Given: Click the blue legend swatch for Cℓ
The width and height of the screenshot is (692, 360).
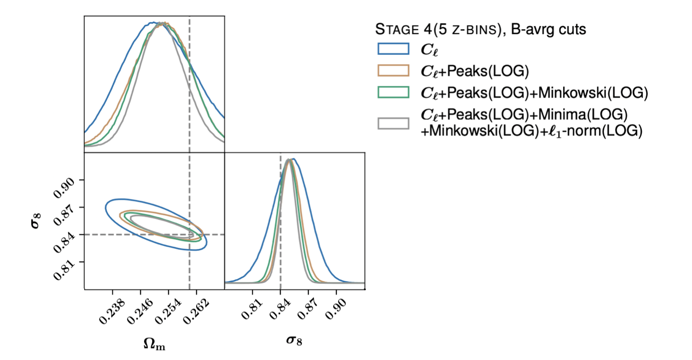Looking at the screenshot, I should [x=393, y=49].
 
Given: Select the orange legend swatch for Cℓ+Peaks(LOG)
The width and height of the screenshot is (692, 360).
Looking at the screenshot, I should [x=393, y=71].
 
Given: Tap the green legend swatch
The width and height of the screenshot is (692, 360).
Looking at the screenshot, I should [x=393, y=92].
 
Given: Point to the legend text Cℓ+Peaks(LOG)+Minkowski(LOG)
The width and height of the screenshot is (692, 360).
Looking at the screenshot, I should [x=534, y=92].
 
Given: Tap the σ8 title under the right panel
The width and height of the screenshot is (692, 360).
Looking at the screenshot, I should [x=294, y=340].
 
